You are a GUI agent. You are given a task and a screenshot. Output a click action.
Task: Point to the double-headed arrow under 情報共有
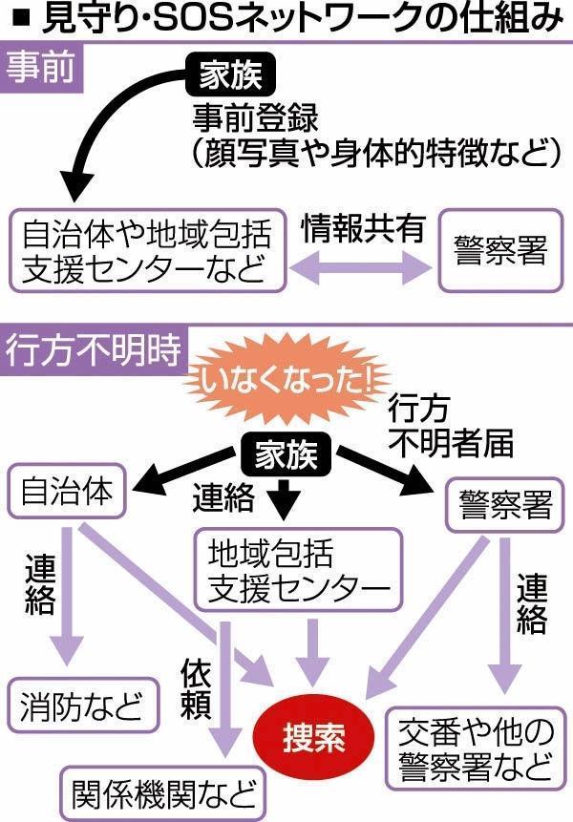tap(363, 270)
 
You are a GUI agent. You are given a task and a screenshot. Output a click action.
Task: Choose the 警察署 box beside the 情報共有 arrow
tap(502, 251)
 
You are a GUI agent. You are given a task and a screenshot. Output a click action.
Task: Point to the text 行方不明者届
tap(449, 427)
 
